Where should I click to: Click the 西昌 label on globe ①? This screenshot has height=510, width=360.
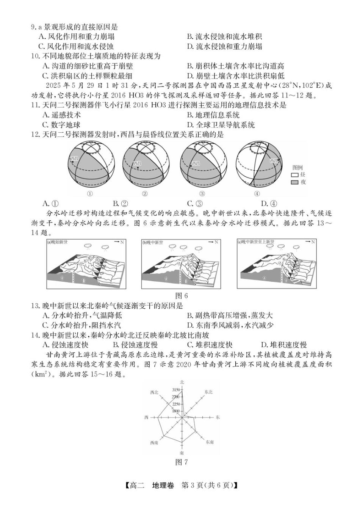coord(74,158)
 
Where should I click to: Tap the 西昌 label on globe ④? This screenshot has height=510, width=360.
coord(274,161)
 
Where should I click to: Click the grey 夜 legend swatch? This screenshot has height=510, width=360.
coord(294,182)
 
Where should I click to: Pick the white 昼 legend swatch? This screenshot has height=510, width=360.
coord(294,175)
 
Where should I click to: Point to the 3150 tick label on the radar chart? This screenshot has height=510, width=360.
coord(176,390)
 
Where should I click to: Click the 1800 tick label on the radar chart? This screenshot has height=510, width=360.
coord(176,411)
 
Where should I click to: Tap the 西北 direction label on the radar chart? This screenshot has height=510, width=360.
coord(154,392)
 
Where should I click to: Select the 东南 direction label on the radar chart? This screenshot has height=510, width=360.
coord(210,442)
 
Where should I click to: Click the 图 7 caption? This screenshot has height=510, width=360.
coord(182,462)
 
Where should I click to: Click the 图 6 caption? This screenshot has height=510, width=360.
coord(182,296)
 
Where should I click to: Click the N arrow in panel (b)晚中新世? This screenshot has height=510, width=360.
coord(214,242)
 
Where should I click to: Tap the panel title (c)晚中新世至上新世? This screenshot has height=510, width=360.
coord(256,242)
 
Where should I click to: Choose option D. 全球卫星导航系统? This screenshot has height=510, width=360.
coord(221,125)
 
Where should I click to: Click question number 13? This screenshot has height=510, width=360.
coord(35,306)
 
